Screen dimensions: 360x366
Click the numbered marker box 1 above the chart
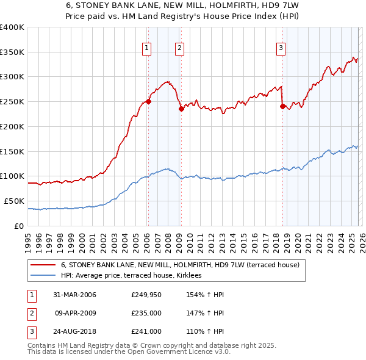pyautogui.click(x=148, y=48)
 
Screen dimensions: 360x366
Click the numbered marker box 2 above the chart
pyautogui.click(x=180, y=48)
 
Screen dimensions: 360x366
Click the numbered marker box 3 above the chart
pyautogui.click(x=281, y=48)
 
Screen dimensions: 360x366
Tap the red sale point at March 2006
pyautogui.click(x=148, y=102)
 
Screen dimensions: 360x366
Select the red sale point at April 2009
pyautogui.click(x=181, y=109)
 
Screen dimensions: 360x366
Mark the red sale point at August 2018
pyautogui.click(x=282, y=106)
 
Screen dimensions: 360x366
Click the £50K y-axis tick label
pyautogui.click(x=13, y=201)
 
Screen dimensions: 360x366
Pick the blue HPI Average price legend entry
pyautogui.click(x=135, y=276)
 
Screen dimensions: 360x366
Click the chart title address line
pyautogui.click(x=183, y=6)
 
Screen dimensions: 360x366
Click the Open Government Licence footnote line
pyautogui.click(x=128, y=353)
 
